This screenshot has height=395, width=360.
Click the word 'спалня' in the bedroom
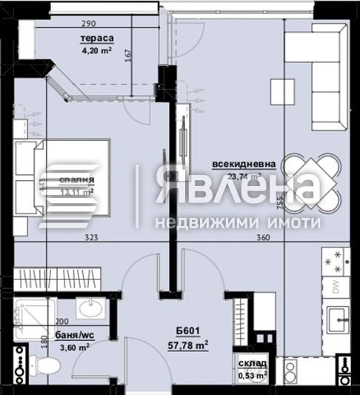(x=78, y=179)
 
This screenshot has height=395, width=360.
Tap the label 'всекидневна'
(x=244, y=165)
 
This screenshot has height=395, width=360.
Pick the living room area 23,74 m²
(x=245, y=177)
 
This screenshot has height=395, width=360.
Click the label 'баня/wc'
(x=73, y=334)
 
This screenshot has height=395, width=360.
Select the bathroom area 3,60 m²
(x=74, y=346)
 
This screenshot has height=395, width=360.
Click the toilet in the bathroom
(x=47, y=364)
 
